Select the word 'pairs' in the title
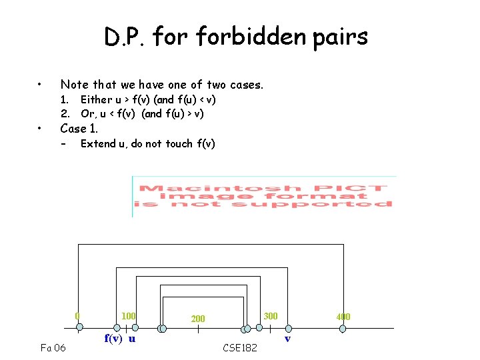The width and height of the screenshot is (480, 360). coord(337,37)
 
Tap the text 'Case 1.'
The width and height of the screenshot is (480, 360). coord(79,128)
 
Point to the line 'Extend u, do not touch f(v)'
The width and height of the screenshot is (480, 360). coord(147,143)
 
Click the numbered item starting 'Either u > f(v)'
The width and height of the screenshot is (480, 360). coord(148,99)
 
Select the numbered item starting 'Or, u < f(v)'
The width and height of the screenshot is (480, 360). coord(142,113)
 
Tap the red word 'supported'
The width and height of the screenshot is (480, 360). coord(339,204)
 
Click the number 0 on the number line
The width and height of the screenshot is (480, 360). coord(77,315)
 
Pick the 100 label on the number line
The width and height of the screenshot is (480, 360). coord(129,315)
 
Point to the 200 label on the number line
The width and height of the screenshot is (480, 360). coord(198,319)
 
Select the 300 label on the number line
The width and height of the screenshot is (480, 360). coord(270,315)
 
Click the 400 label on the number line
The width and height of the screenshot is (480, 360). coord(343,317)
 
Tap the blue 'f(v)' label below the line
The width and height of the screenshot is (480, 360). coord(113,338)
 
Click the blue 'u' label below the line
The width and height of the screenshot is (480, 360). coord(132,338)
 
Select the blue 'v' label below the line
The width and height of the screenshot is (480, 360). coord(287,339)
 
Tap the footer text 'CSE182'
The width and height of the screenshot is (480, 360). coord(239,347)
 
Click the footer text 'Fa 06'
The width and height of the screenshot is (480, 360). coord(53,347)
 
